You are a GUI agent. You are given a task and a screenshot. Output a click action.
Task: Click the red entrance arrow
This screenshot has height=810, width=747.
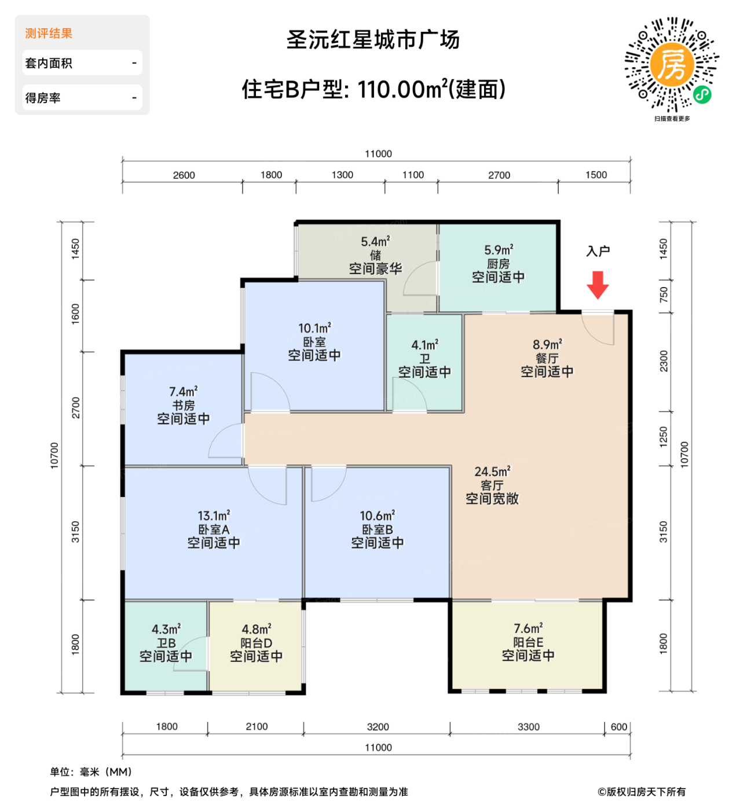[598, 284]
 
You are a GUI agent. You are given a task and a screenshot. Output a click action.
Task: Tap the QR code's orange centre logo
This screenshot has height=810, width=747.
[672, 65]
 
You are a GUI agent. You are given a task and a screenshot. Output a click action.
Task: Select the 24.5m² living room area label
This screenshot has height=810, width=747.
[492, 472]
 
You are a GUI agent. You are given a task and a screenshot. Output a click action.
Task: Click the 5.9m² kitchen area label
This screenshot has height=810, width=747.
[499, 250]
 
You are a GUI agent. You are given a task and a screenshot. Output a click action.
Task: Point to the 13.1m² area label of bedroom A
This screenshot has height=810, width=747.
[214, 516]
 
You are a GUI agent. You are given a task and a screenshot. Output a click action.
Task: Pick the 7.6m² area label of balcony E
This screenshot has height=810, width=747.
[528, 628]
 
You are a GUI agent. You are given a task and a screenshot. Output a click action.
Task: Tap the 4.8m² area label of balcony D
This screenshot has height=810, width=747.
[257, 629]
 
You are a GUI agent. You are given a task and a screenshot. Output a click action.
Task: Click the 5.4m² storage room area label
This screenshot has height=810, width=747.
[375, 242]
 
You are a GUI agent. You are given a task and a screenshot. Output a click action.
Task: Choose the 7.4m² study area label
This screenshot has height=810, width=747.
[183, 392]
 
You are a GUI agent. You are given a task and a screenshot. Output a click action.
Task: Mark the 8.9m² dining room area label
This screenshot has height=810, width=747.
[547, 345]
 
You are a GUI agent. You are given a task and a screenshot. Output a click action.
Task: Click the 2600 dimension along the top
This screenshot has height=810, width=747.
[184, 175]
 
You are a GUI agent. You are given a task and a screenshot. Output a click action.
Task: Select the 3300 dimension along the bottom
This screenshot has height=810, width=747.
[528, 727]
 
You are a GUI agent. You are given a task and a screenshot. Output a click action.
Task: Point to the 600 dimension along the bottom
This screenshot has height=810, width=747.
[618, 727]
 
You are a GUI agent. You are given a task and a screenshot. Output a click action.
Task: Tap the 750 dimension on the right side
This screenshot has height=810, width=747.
[664, 294]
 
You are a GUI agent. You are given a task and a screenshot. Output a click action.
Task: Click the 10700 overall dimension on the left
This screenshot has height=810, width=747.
[54, 455]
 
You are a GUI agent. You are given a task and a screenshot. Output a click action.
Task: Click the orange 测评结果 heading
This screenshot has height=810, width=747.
[49, 34]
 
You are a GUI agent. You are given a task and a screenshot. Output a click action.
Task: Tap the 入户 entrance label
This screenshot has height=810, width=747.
[598, 251]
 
